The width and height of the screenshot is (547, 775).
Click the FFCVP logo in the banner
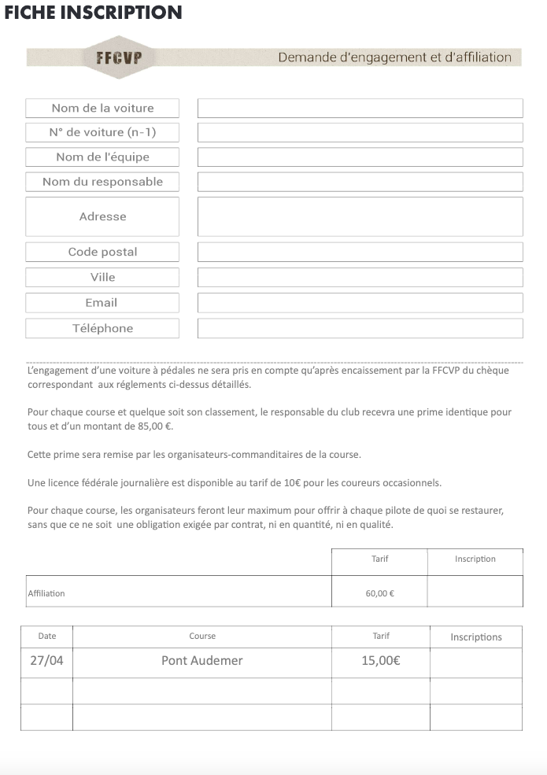coord(118,57)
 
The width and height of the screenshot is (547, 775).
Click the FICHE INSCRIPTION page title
coord(93,13)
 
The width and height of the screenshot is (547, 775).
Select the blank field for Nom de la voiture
coord(360,108)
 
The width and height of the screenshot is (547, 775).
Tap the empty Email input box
coord(360,303)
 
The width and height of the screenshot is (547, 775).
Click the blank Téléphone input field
coord(360,328)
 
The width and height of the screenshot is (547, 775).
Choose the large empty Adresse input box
coord(360,216)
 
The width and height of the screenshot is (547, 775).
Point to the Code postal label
coord(102,252)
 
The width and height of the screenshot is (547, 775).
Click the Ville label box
coord(102,277)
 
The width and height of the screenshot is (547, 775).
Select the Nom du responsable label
coord(102,182)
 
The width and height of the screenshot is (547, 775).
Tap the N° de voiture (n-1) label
coord(102,132)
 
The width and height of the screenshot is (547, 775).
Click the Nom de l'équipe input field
coord(360,157)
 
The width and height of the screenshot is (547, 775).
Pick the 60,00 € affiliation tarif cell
coord(379,593)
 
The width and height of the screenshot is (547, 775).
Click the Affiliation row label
coord(46,593)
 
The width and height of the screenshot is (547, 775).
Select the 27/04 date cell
coord(46,661)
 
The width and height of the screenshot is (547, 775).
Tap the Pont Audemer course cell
coord(202,661)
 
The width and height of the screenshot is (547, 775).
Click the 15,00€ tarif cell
coord(381,661)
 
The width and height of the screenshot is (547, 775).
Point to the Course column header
coord(202,636)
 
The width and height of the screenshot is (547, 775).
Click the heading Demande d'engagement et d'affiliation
coord(394,57)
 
